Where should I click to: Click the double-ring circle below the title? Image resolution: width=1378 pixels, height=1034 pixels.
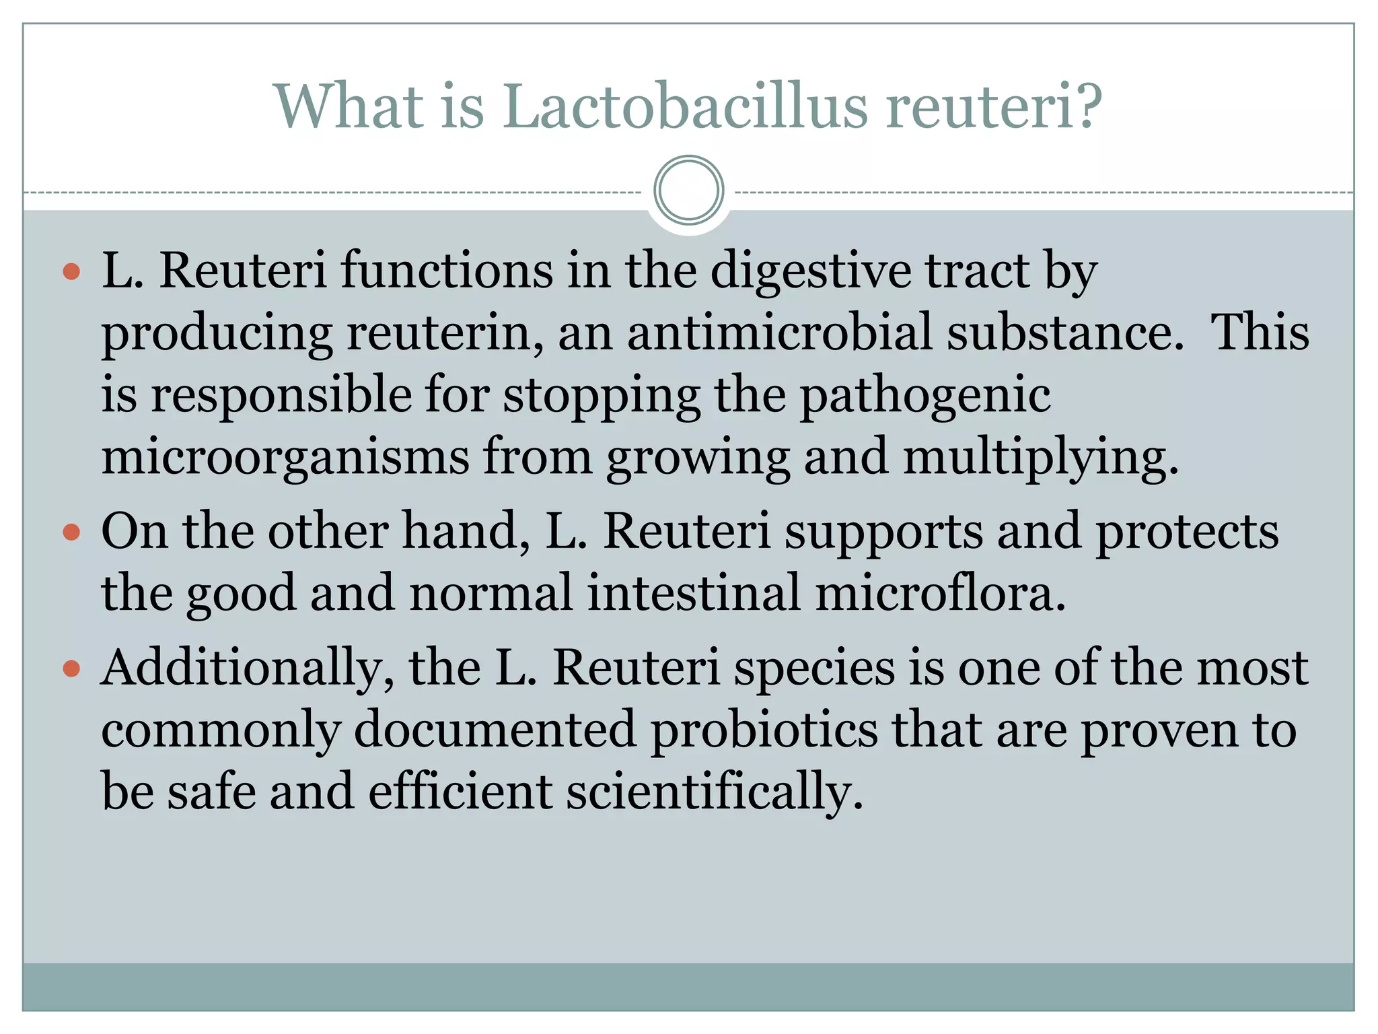tap(688, 191)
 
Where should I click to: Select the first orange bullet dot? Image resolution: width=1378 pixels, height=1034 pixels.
tap(71, 273)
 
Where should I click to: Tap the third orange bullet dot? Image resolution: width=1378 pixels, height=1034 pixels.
tap(71, 669)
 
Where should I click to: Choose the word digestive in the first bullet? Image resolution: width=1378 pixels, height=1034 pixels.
tap(810, 271)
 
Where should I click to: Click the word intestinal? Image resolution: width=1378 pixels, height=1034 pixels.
tap(694, 593)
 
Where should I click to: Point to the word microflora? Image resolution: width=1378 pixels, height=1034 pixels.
tap(941, 593)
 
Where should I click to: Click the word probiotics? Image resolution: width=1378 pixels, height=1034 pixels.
tap(764, 730)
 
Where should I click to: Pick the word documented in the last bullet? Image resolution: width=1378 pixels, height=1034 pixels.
tap(495, 730)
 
